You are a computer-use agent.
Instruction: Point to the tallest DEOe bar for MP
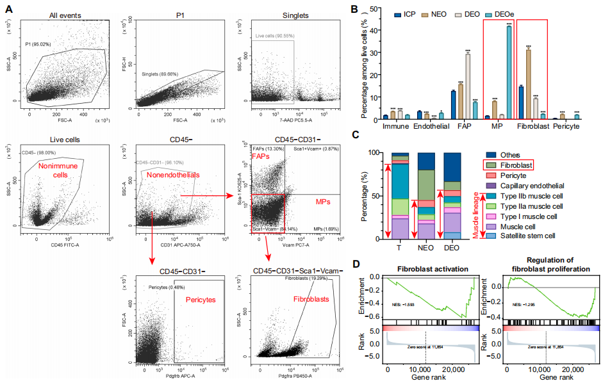[x=509, y=72]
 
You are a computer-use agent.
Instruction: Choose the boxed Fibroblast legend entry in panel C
[x=517, y=165]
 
